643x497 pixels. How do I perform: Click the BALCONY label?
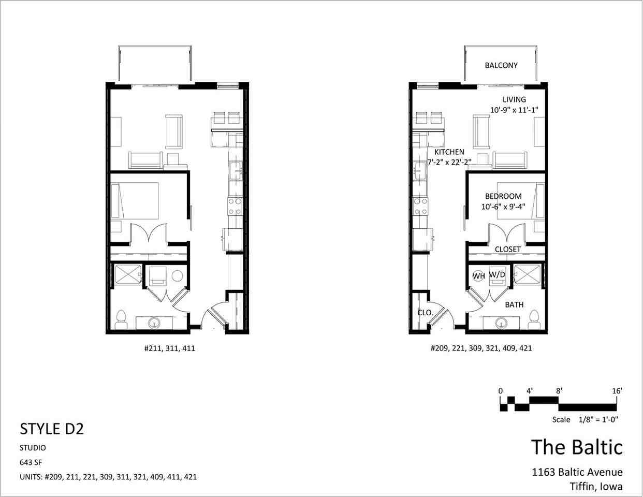click(501, 65)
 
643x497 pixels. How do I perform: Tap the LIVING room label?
click(514, 100)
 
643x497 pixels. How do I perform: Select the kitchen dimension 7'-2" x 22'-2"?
click(449, 162)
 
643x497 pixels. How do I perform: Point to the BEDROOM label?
click(503, 196)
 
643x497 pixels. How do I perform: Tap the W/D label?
click(497, 274)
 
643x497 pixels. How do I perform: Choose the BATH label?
click(514, 305)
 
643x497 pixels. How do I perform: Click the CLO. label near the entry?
click(425, 313)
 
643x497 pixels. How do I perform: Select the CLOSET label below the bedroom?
click(508, 250)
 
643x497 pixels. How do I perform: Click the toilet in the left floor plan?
click(121, 319)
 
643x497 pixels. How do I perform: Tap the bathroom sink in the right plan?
click(502, 323)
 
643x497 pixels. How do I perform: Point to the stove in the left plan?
click(235, 207)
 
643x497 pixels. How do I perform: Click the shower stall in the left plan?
click(128, 275)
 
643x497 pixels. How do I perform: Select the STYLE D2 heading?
click(52, 429)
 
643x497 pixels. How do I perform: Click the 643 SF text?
click(31, 462)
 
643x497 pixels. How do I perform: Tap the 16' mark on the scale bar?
click(617, 391)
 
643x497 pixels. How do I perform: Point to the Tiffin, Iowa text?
click(596, 486)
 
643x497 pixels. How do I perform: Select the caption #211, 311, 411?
click(170, 348)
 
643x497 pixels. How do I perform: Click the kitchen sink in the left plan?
click(236, 171)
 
